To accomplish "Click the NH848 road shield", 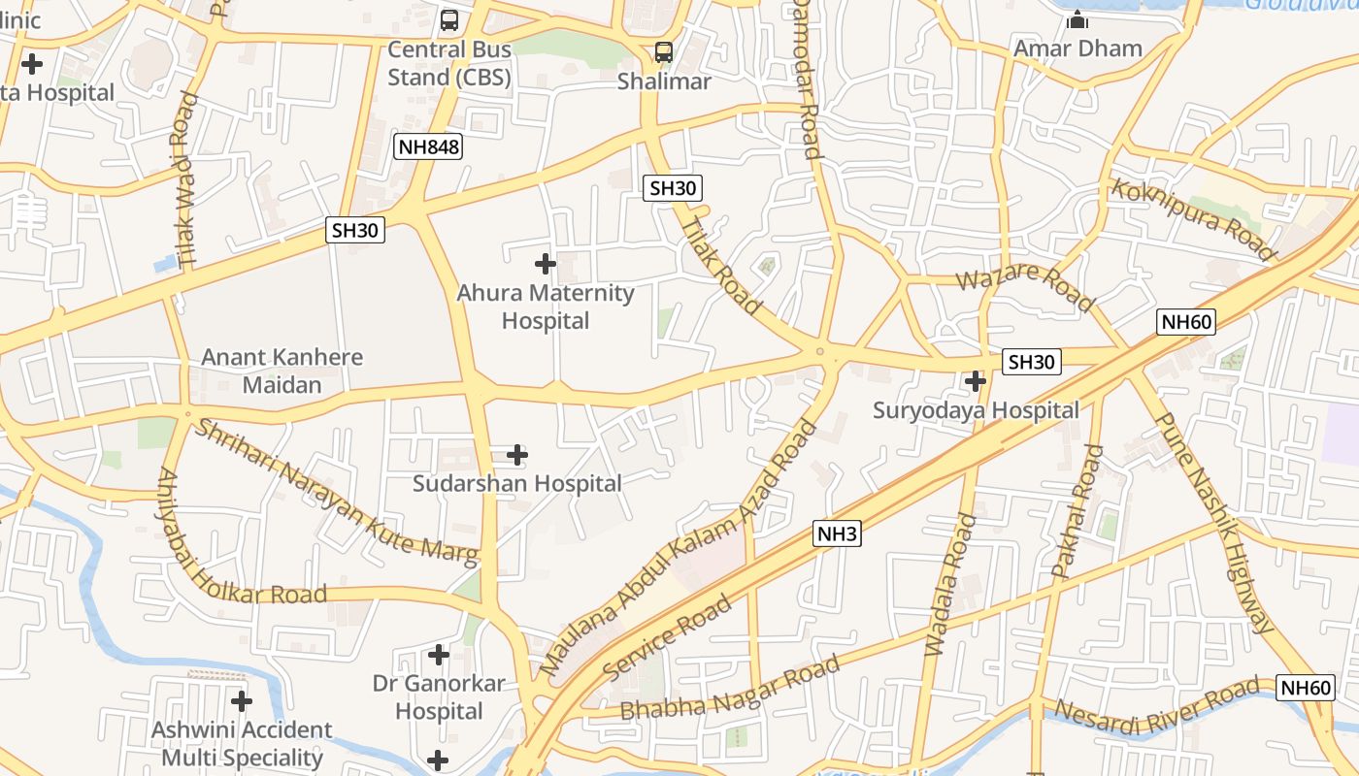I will tap(428, 146).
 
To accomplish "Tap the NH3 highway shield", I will tap(838, 533).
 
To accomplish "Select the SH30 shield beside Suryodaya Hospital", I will tap(1031, 362).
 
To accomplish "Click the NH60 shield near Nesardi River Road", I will tap(1306, 687).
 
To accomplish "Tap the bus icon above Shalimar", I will tap(664, 52).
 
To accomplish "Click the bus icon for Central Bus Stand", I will tap(449, 19).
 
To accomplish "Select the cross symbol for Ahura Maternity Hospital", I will tap(546, 263).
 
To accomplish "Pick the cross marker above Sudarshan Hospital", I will tap(517, 454).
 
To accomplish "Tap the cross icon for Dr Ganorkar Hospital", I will tap(439, 655).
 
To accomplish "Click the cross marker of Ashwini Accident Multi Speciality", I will tap(242, 700).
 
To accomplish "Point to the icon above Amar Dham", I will tap(1077, 19).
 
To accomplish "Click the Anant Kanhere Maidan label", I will tap(282, 371).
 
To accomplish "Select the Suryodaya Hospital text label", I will tap(976, 410).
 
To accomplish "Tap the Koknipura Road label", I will tap(1193, 220).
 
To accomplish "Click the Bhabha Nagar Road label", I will tap(729, 689).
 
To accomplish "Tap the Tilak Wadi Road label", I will tap(186, 180).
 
